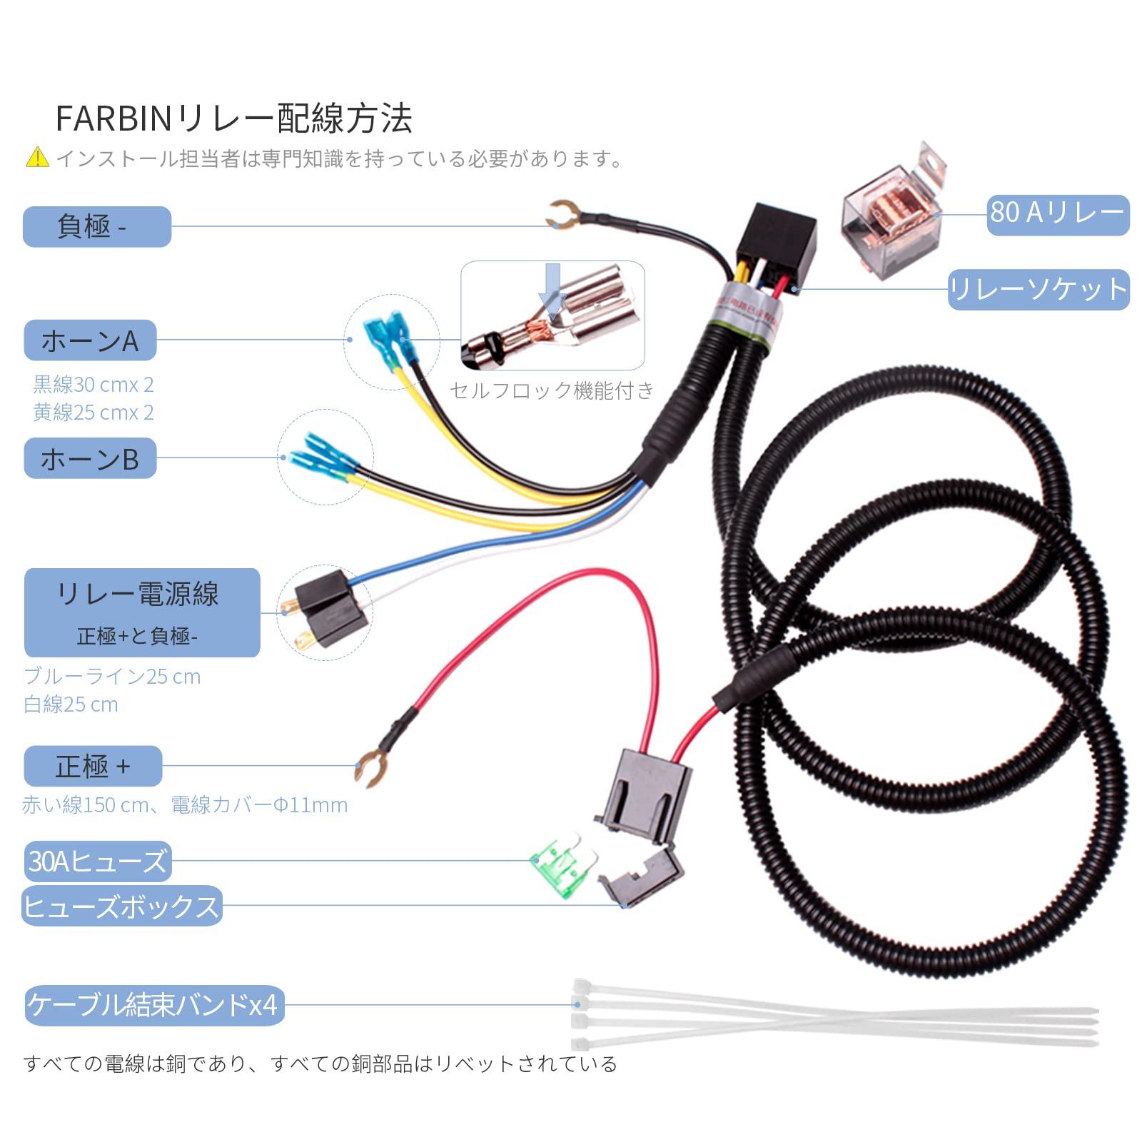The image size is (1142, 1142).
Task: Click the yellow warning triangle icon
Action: coord(37,157)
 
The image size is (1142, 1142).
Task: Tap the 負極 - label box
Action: coord(97,227)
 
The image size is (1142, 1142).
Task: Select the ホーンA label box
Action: coord(90,340)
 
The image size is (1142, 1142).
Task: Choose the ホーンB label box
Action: coord(90,458)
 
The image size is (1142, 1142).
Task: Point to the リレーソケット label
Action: coord(1039,290)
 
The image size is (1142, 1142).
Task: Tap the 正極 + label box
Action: coord(93,766)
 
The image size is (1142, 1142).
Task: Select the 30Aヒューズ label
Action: coord(97,861)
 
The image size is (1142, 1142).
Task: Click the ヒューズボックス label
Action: coord(122,906)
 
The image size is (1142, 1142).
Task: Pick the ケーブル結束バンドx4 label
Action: coord(154,1005)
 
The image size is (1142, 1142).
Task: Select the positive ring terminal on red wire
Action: coord(371,769)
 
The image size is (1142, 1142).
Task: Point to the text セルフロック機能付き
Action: coord(552,390)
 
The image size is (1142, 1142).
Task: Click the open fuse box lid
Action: coord(640,878)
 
